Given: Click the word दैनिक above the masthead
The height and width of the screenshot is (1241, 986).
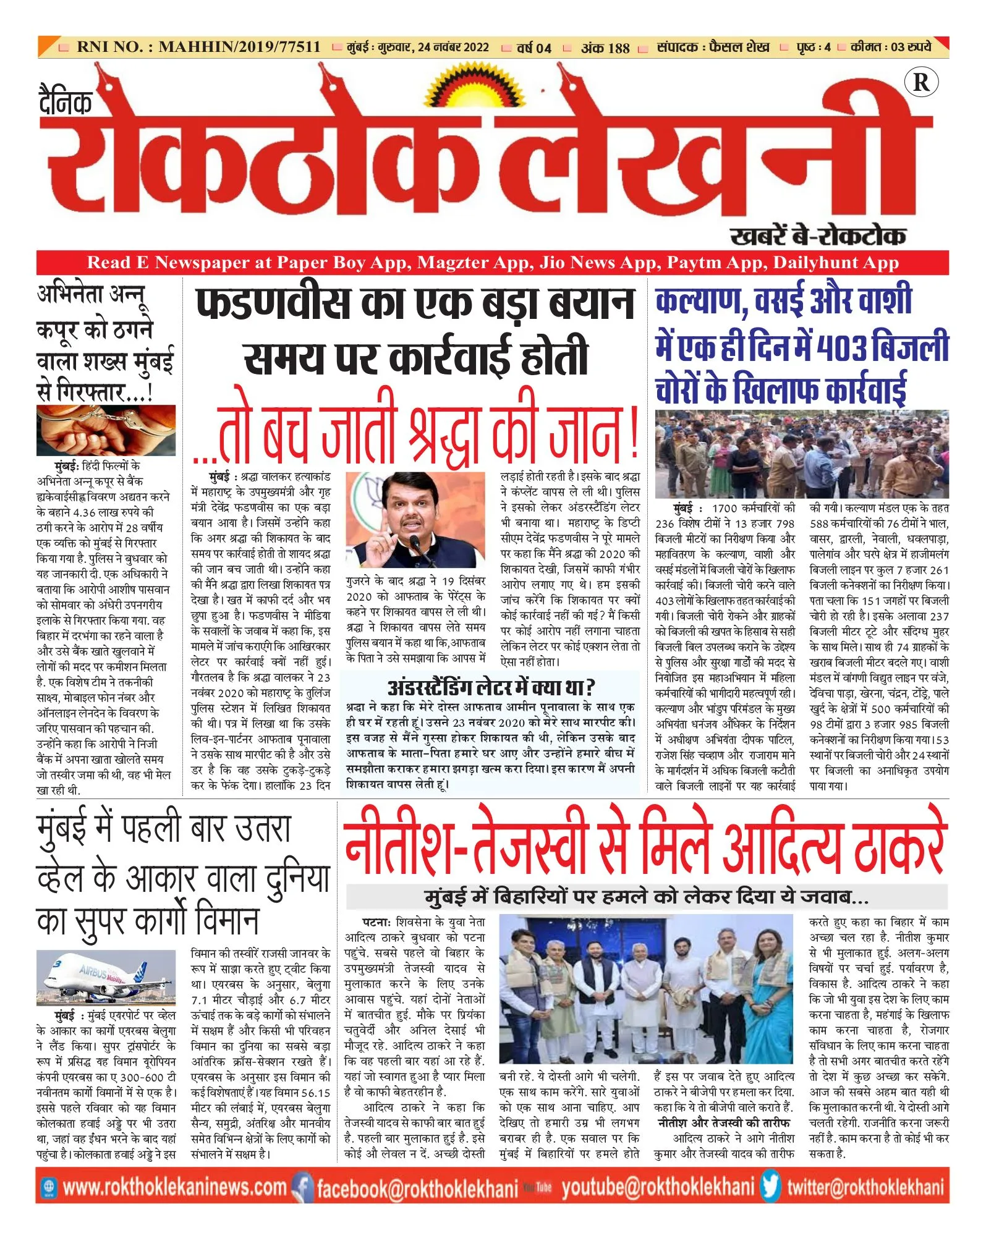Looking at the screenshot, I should click(x=66, y=102).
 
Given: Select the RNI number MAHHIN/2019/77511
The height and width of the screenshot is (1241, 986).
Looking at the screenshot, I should click(x=239, y=47).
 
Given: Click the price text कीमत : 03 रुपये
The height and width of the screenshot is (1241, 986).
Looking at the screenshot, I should click(x=891, y=47).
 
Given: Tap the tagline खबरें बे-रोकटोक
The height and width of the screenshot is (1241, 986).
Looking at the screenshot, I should click(x=817, y=235).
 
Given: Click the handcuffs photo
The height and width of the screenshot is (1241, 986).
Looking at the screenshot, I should click(x=106, y=430).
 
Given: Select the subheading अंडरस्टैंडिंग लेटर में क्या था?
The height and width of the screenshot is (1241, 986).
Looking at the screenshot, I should click(x=491, y=687).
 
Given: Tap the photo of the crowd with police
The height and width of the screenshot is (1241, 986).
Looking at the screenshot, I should click(x=802, y=454).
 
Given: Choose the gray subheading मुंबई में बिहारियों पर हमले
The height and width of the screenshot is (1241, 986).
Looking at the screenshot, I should click(x=646, y=897).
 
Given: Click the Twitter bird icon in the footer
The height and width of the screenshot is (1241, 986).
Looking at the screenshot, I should click(x=771, y=1187).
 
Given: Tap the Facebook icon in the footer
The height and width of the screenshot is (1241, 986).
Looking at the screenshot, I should click(x=302, y=1187).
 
